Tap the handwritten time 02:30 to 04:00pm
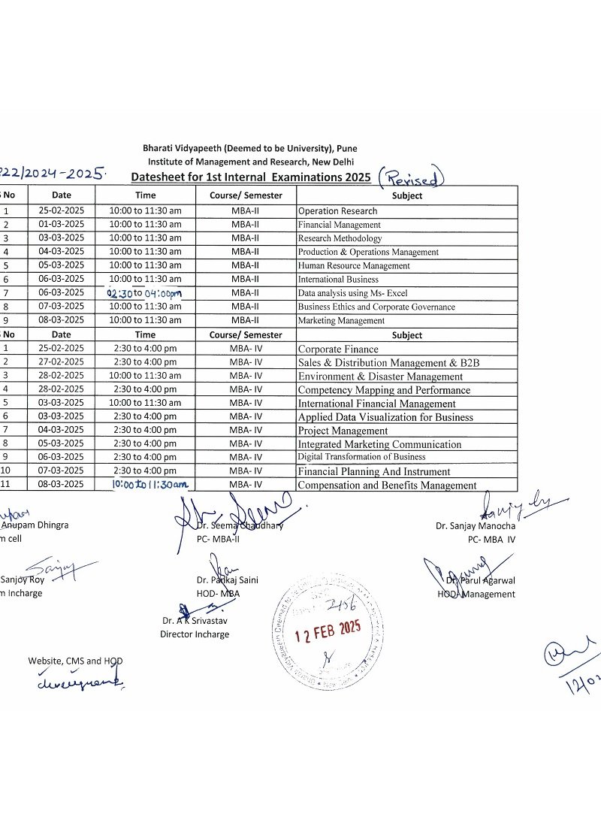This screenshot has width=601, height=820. point(145,293)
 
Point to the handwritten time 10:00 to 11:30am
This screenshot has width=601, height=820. point(149,485)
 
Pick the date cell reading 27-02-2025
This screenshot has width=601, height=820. point(62,362)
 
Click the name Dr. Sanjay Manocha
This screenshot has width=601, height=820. point(476,526)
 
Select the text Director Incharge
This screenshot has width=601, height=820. point(195,634)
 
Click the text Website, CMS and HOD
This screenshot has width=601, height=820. point(75,661)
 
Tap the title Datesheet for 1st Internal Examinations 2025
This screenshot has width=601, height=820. point(251,177)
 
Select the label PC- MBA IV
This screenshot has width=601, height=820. point(491,539)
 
